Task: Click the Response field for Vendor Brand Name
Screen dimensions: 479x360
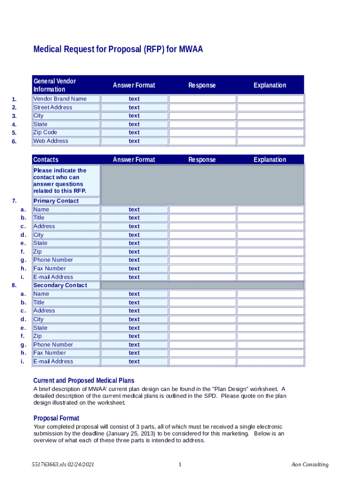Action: pos(202,99)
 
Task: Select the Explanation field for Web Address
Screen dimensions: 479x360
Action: pos(270,141)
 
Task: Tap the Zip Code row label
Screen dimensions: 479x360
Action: pos(45,132)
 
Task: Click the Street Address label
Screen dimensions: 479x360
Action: pos(53,107)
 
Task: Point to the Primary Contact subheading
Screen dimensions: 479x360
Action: pos(56,201)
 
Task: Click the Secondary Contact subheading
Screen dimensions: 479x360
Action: pos(60,285)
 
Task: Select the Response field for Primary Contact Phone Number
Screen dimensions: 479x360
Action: pos(202,260)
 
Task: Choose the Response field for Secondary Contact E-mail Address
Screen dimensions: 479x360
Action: pos(202,362)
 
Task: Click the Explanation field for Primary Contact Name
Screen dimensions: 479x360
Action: pos(270,210)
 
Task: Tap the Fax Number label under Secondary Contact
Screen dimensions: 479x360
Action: pos(50,353)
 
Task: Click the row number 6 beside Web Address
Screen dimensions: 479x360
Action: pos(14,141)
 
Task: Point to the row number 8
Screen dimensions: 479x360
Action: pos(14,285)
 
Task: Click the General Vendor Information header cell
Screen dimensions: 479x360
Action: pos(55,85)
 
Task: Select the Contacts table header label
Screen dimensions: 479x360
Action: pos(46,160)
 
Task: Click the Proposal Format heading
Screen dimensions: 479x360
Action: pos(57,418)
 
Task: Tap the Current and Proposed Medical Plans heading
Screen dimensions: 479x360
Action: pos(84,380)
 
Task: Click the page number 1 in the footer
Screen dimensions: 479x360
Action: pos(180,464)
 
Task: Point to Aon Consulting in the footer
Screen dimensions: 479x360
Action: pos(310,464)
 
